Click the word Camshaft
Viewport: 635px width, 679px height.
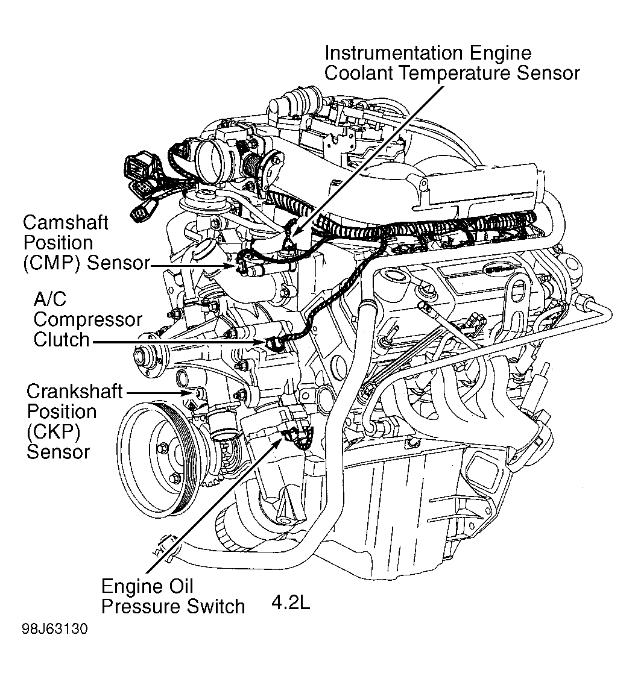point(65,222)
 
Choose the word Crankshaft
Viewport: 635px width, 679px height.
point(74,392)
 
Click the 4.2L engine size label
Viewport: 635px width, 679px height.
point(291,603)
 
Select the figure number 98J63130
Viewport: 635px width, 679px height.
point(54,630)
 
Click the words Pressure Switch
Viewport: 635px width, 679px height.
point(173,605)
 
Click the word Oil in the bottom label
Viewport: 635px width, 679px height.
point(181,586)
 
